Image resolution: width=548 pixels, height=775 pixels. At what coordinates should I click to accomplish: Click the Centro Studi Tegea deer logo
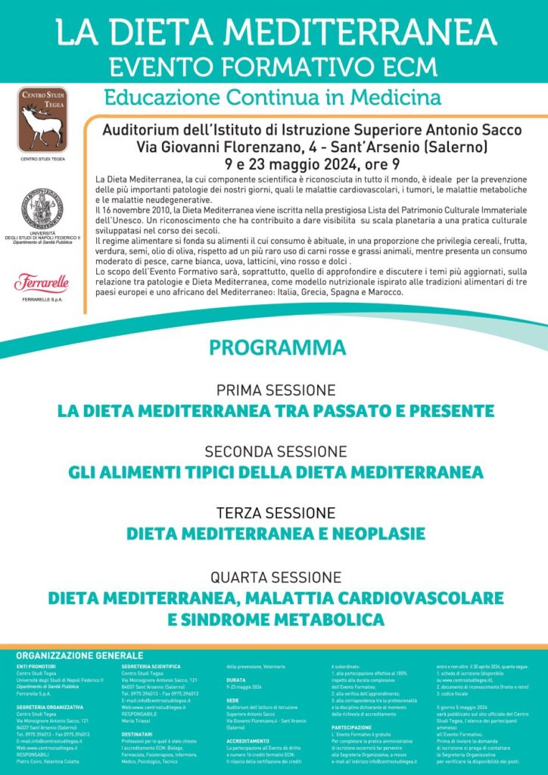[x=42, y=120]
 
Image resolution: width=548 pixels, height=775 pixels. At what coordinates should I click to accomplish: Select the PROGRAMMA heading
[x=277, y=348]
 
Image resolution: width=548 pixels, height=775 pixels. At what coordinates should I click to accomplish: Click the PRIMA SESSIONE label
[x=276, y=391]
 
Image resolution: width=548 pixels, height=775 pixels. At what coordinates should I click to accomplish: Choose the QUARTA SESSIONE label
[x=276, y=577]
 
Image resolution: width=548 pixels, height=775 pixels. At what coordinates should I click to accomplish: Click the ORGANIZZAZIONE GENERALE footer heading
[x=79, y=655]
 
